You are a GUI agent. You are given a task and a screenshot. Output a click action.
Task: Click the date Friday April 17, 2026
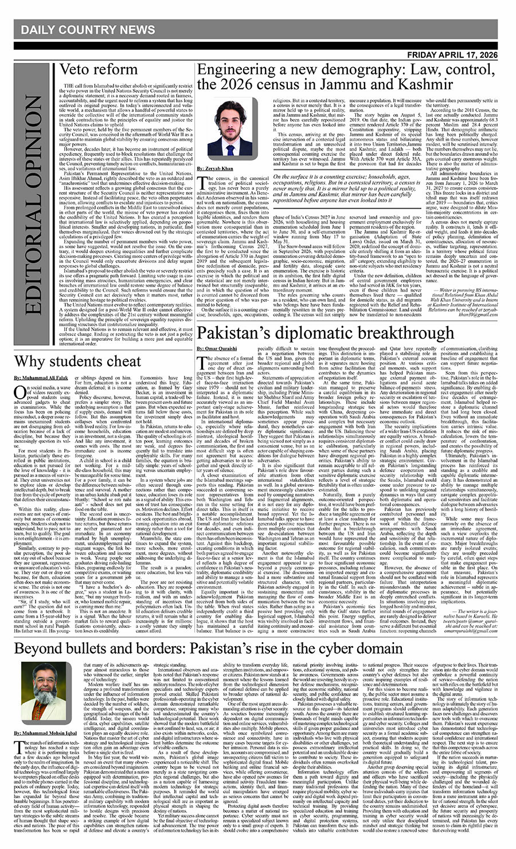click(x=459, y=55)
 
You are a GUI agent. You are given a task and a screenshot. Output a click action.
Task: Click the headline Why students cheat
click(x=77, y=361)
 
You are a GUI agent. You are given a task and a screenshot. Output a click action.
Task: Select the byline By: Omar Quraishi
click(x=216, y=349)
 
